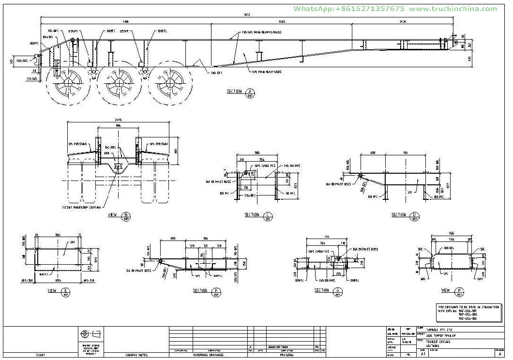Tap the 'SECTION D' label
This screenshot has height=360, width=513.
(401, 214)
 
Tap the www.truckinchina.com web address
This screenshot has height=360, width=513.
(453, 9)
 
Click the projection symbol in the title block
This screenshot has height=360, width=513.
(91, 334)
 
